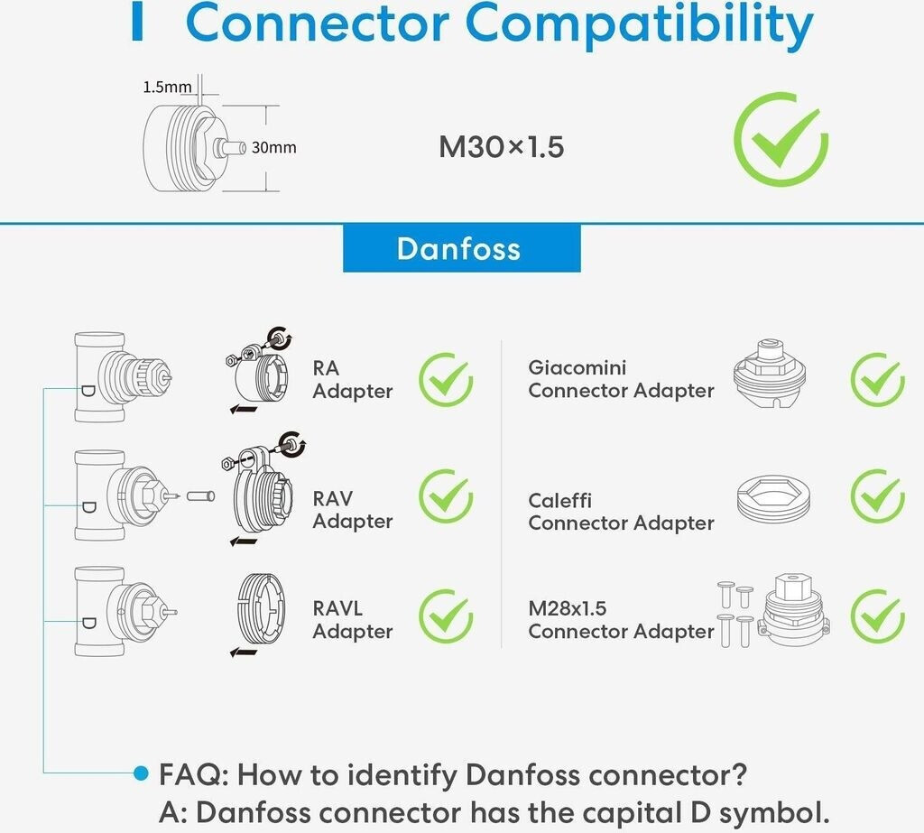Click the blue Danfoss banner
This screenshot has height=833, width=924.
[x=461, y=248]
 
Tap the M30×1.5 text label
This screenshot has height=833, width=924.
[x=501, y=147]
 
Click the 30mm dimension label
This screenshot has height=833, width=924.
[x=273, y=147]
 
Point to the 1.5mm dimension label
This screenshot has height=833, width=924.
[x=167, y=88]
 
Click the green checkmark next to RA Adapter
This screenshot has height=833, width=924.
[x=446, y=379]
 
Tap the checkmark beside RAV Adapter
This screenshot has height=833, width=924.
[x=446, y=496]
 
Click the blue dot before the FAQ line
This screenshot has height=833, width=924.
[x=140, y=773]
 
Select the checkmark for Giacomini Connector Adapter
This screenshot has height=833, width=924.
[x=877, y=379]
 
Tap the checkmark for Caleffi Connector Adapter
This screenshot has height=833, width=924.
[x=877, y=496]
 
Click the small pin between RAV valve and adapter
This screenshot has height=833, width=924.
[x=199, y=495]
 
